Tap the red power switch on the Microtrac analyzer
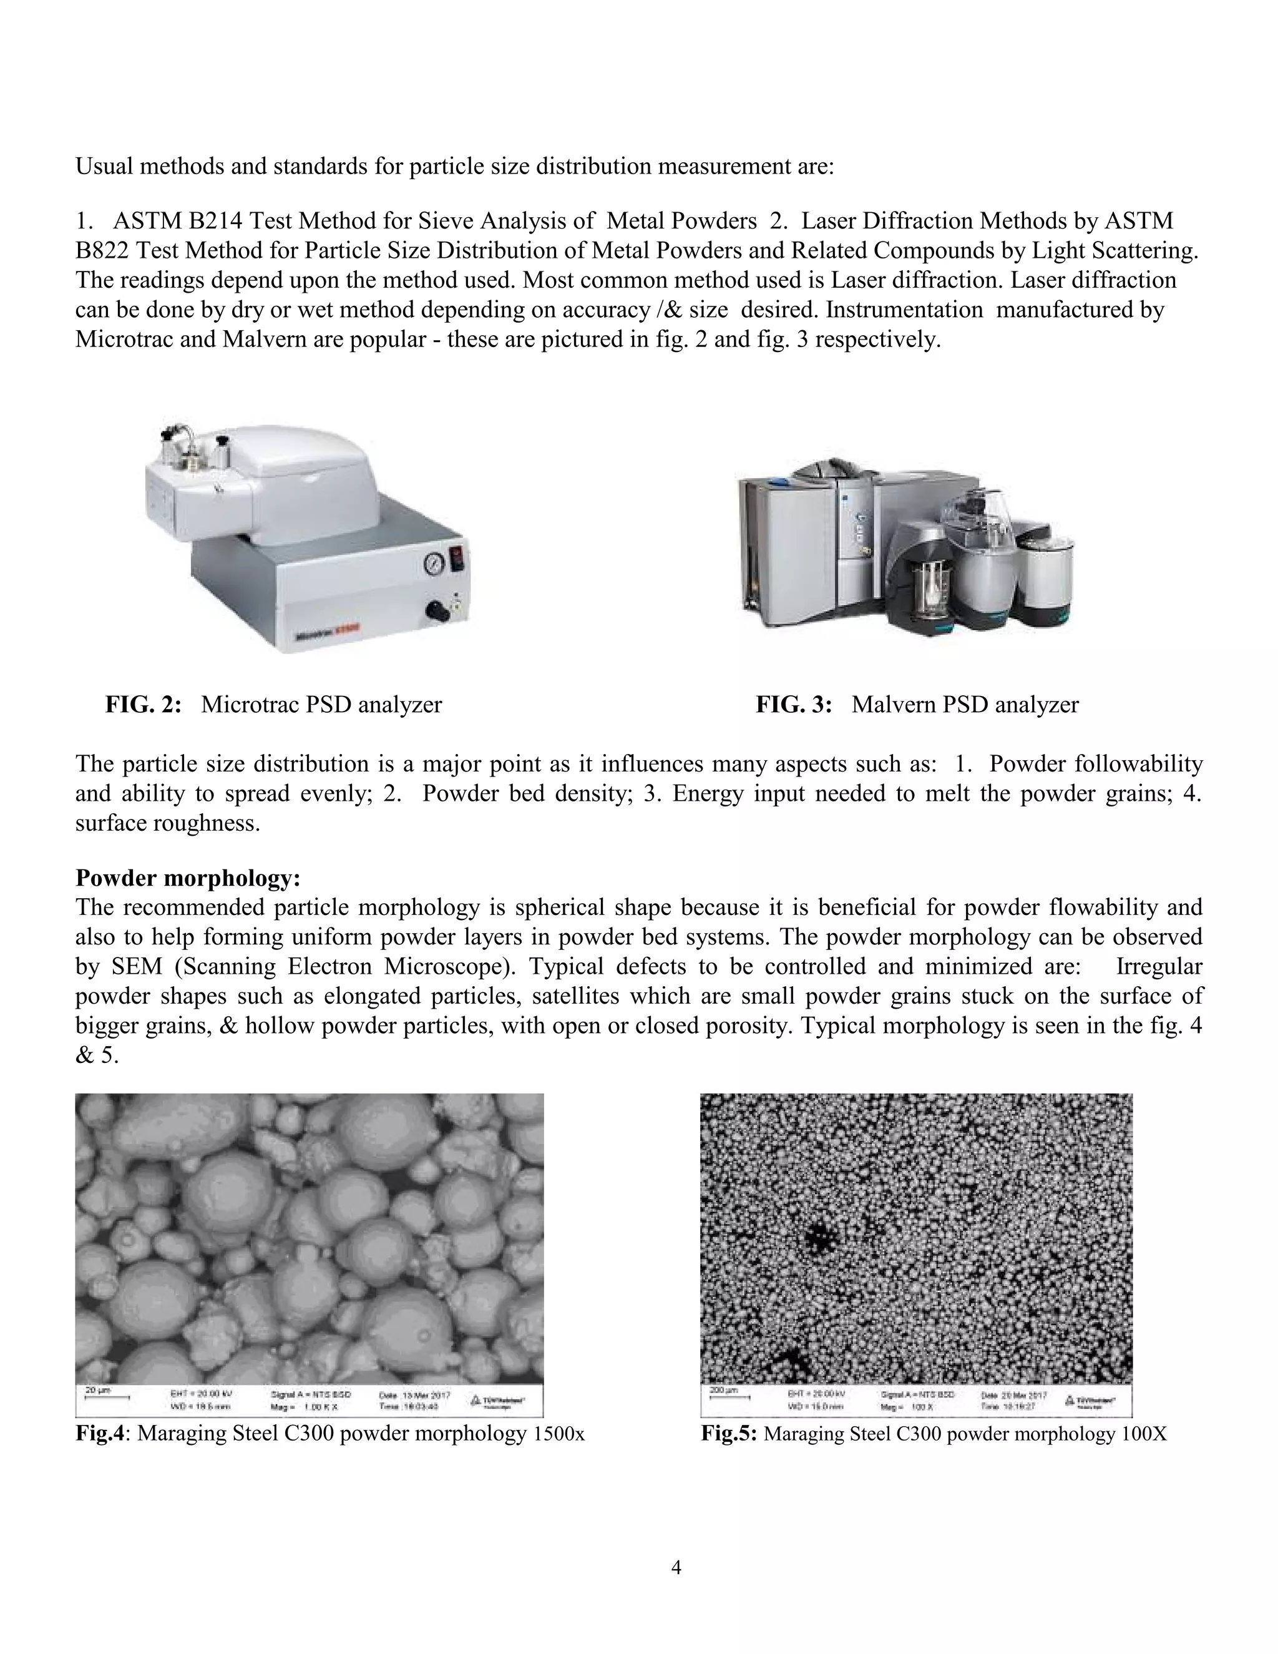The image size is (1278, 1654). [457, 560]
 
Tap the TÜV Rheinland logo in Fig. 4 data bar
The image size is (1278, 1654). [497, 1399]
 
